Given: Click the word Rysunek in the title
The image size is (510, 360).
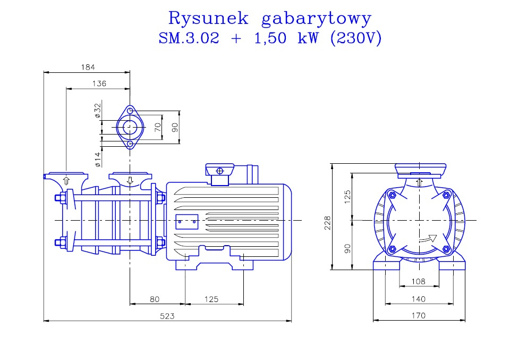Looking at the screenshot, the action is [x=208, y=18].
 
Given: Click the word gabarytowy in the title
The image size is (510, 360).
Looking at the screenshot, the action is [x=316, y=20].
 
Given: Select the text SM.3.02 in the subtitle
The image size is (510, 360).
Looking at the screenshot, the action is [x=189, y=38].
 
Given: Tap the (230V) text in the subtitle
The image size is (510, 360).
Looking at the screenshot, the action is [x=355, y=38].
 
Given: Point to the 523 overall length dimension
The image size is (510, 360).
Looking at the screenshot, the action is [x=167, y=316].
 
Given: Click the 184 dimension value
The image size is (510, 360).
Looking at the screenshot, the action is [x=88, y=67].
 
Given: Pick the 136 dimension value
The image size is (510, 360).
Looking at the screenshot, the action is [x=99, y=83].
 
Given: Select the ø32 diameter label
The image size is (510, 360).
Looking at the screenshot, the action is [x=98, y=111].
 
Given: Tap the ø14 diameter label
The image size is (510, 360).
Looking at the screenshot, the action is [x=98, y=160].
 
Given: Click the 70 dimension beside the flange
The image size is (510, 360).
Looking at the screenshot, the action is [x=158, y=127].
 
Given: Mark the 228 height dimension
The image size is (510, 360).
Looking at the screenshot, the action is [x=327, y=223].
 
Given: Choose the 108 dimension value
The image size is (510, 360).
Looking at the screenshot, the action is [x=418, y=281].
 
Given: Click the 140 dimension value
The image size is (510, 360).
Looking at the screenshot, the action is [x=418, y=299].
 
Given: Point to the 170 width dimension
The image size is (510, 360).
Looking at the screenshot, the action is [x=418, y=315].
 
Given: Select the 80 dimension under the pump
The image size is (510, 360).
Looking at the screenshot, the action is [x=155, y=299].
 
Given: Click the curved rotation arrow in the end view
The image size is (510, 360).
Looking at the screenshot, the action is [x=428, y=239].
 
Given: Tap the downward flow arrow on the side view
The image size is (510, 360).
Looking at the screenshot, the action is [x=130, y=180].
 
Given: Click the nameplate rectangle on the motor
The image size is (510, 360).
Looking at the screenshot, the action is [x=187, y=222].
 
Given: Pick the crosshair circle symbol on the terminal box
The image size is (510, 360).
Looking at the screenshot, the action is [x=220, y=171].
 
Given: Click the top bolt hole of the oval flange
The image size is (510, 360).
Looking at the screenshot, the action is [x=130, y=111].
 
